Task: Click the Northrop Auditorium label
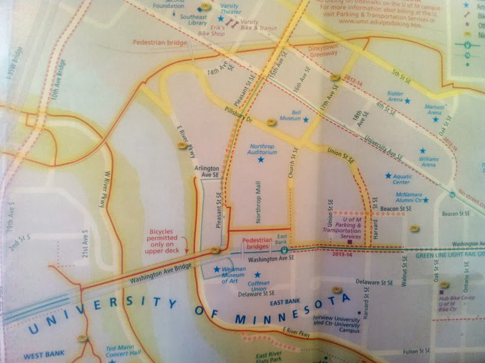[x=262, y=149]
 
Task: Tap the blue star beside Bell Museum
[x=306, y=120]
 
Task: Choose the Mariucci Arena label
[x=433, y=110]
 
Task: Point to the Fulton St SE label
[x=416, y=350]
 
